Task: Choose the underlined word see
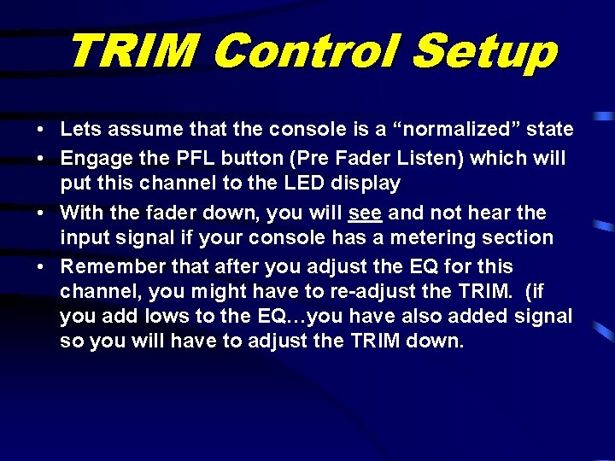pos(365,211)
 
